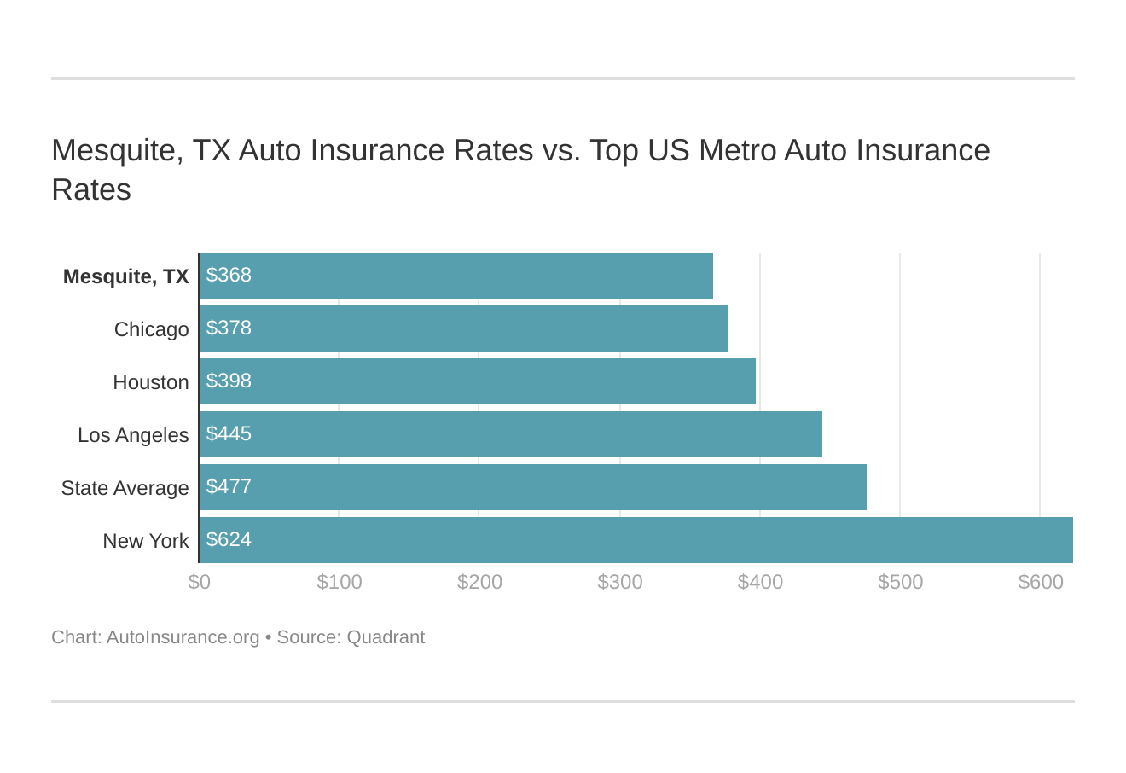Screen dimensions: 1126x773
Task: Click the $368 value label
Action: click(229, 275)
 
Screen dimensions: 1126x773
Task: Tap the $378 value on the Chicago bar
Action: click(229, 328)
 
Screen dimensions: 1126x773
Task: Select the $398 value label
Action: click(229, 381)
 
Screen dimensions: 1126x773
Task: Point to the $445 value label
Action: click(229, 433)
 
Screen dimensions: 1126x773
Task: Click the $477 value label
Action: click(229, 486)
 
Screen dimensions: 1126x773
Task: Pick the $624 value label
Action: click(229, 539)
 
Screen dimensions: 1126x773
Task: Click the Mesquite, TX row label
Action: click(125, 276)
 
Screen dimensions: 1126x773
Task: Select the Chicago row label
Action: click(151, 329)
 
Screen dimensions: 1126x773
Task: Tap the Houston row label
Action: click(150, 382)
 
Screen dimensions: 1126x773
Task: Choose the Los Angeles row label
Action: click(133, 435)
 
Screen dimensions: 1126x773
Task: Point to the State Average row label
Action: click(125, 488)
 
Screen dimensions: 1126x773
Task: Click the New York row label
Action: click(145, 541)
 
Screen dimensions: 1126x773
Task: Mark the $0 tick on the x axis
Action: click(199, 582)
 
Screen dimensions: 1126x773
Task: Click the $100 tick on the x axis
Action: click(340, 582)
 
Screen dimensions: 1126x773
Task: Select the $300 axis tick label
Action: click(620, 582)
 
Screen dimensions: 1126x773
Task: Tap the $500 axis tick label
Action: click(900, 582)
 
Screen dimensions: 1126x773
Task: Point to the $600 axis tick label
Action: click(1041, 582)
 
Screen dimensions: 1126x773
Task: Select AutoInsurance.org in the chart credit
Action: click(183, 637)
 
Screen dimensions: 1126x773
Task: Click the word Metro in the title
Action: click(737, 150)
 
